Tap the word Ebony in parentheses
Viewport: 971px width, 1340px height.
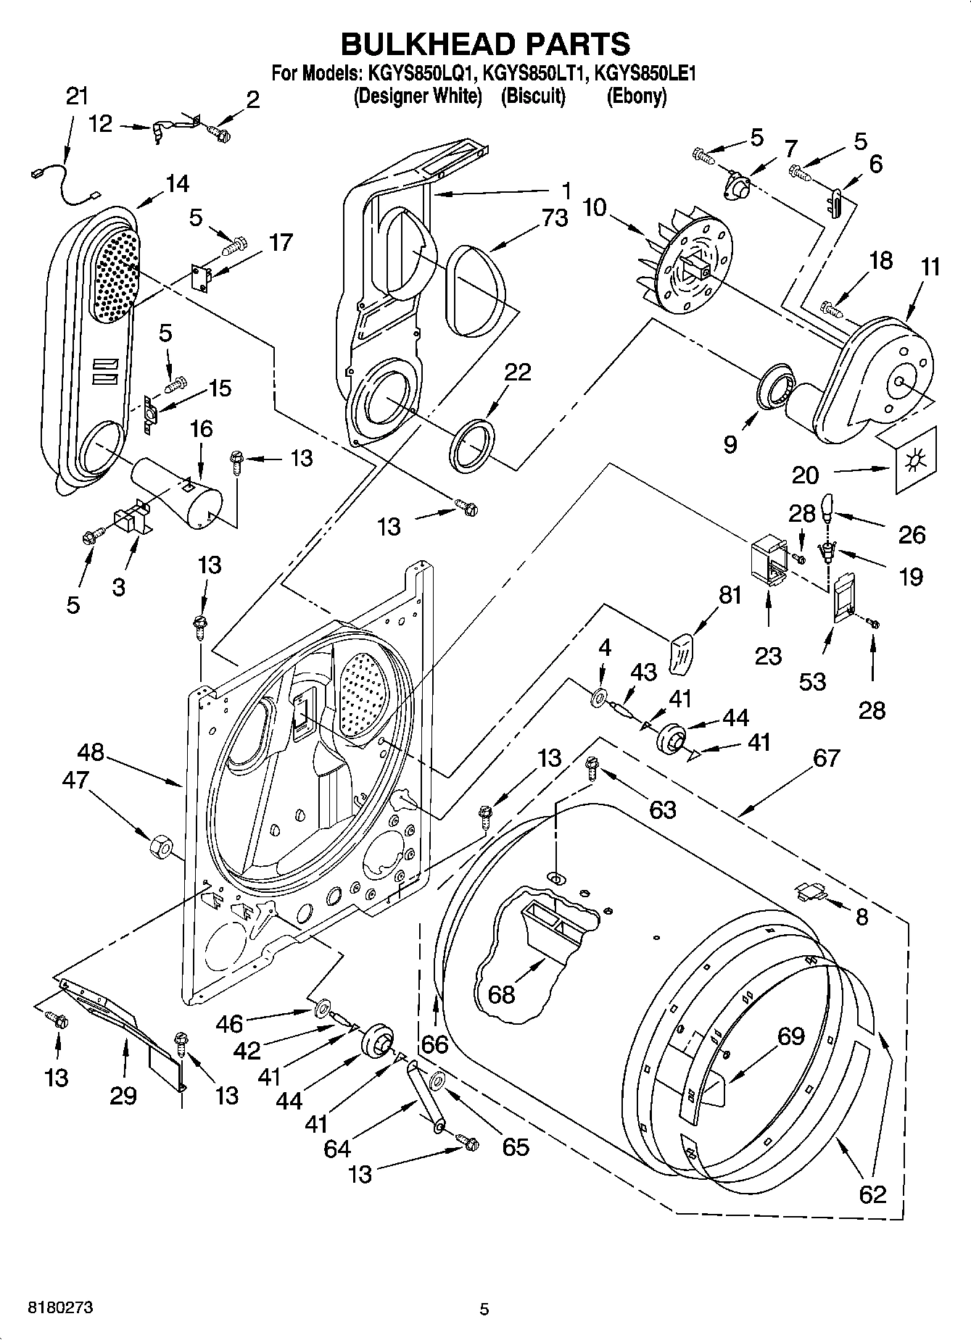636,96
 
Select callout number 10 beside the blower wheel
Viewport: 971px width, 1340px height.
595,208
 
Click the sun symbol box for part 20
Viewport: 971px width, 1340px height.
916,459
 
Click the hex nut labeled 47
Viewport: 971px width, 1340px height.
159,846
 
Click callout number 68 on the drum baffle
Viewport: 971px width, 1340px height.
501,994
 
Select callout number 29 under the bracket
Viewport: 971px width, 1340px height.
123,1095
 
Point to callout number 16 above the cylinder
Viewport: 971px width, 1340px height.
201,429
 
